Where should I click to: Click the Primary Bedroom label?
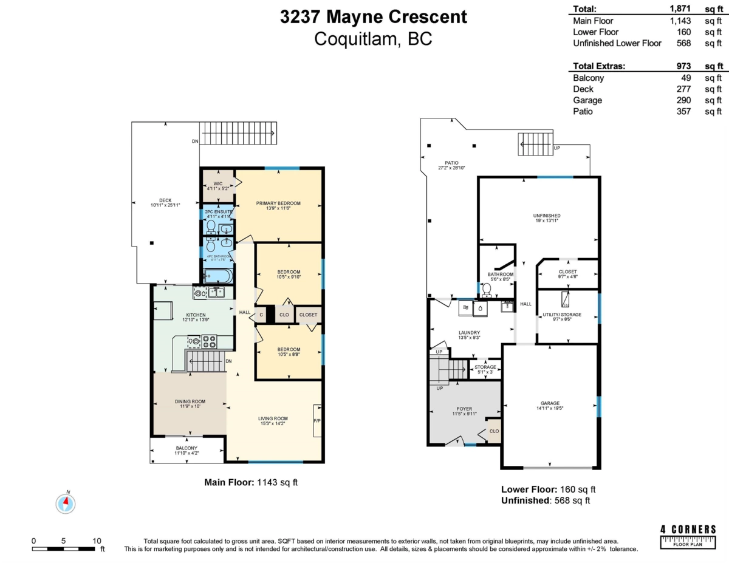pyautogui.click(x=278, y=203)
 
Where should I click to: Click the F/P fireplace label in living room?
pyautogui.click(x=317, y=420)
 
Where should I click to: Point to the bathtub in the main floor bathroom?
pyautogui.click(x=217, y=276)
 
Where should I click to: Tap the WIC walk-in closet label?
pyautogui.click(x=218, y=183)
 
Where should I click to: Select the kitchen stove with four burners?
pyautogui.click(x=209, y=341)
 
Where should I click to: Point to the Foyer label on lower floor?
pyautogui.click(x=464, y=409)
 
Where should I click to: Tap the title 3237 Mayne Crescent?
pyautogui.click(x=374, y=17)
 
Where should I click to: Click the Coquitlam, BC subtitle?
pyautogui.click(x=374, y=39)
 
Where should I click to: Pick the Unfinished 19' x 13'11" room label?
pyautogui.click(x=547, y=216)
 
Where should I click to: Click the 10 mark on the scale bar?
pyautogui.click(x=96, y=540)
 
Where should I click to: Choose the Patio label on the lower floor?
pyautogui.click(x=451, y=163)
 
